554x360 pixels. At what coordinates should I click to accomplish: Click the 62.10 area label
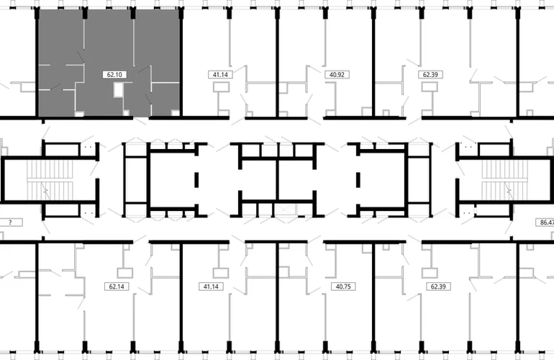click(114, 75)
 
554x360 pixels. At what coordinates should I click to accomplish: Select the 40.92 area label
click(337, 75)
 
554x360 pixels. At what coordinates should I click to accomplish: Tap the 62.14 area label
click(117, 287)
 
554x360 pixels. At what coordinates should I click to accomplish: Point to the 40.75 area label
click(343, 287)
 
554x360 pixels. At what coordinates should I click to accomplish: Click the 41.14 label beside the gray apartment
click(220, 75)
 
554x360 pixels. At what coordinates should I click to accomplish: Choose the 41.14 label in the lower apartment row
click(211, 287)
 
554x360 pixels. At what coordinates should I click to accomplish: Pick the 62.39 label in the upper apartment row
click(430, 75)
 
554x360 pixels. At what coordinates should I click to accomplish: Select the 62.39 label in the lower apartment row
click(438, 287)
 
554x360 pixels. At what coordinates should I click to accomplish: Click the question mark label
click(11, 222)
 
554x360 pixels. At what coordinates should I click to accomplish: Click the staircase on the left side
click(50, 180)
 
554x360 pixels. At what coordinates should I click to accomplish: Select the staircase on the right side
click(504, 180)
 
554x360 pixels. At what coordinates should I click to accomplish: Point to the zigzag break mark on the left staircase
click(45, 190)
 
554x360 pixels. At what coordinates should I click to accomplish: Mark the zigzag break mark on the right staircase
click(509, 190)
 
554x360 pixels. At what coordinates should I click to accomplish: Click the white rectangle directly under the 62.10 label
click(119, 90)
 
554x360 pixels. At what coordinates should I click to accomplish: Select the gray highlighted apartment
click(109, 63)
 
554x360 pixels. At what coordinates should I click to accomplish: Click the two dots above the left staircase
click(88, 147)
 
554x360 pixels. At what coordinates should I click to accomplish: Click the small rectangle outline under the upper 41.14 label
click(221, 87)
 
